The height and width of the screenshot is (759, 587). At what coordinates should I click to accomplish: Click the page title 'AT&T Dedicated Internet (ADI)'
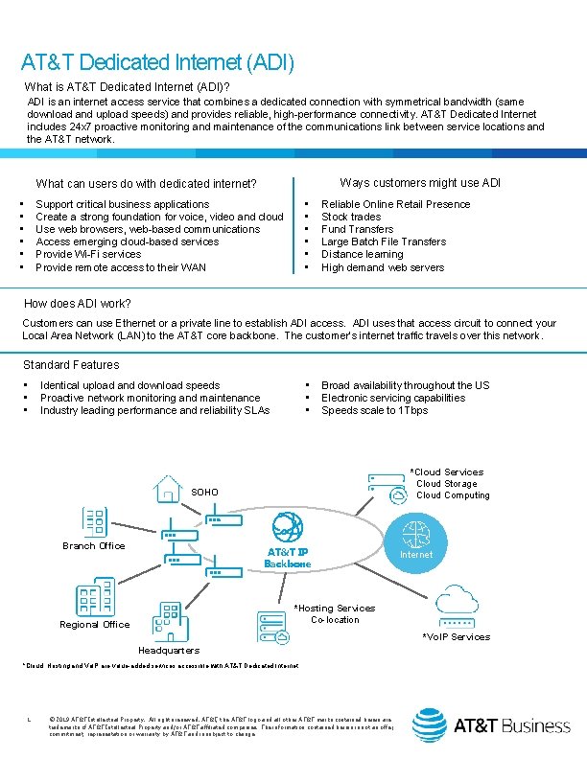157,63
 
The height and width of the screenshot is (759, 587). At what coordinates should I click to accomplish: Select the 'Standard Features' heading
71,365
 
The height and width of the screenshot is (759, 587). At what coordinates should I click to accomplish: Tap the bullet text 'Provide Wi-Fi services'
88,254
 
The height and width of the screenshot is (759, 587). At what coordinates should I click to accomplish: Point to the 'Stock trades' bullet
351,217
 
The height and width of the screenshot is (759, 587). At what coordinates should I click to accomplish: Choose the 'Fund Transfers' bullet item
357,229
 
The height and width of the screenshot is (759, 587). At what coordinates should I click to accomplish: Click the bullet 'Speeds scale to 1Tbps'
375,410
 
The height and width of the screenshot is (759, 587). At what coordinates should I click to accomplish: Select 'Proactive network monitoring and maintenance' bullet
151,398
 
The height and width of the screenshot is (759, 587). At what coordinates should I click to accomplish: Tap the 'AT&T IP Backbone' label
288,559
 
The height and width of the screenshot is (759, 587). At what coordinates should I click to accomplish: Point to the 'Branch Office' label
94,546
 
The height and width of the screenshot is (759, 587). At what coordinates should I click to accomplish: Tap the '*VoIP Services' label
457,637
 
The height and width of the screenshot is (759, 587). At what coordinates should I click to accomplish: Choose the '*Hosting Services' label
335,609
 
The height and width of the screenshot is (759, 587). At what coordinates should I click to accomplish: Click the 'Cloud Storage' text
446,484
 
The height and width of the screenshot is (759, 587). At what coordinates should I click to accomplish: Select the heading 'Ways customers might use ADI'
420,183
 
